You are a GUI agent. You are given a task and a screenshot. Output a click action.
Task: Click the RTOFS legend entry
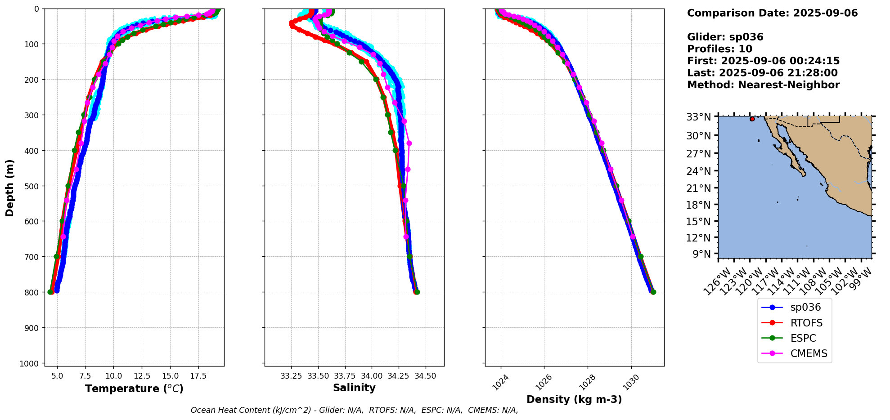click(806, 323)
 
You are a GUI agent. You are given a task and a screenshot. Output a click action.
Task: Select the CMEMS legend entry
click(809, 354)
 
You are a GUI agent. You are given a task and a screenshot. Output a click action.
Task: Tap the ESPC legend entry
click(803, 338)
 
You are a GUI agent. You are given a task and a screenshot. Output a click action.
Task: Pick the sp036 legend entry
click(805, 308)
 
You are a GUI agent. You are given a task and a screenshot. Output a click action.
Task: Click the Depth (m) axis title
click(10, 188)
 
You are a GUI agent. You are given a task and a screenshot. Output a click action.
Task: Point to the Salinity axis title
click(354, 388)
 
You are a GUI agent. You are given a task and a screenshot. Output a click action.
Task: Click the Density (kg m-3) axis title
click(574, 400)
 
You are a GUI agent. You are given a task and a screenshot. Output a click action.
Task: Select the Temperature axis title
click(134, 389)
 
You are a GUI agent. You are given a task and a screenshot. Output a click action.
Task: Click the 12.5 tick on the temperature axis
click(142, 376)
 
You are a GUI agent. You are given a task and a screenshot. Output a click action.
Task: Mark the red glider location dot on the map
click(752, 119)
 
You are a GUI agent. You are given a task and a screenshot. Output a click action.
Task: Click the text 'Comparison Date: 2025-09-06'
click(772, 13)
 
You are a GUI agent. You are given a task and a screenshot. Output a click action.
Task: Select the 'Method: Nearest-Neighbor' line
click(763, 85)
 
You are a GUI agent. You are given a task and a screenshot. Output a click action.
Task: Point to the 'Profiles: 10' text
click(719, 49)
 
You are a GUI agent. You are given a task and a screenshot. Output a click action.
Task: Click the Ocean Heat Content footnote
click(354, 410)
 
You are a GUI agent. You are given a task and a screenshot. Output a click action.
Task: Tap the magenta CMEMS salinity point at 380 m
click(409, 143)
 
